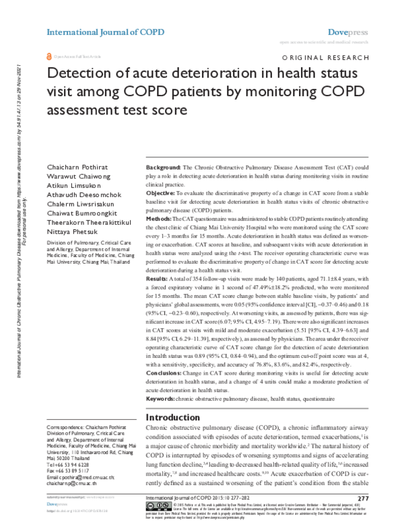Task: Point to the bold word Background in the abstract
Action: (165, 166)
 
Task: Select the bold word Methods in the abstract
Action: (160, 219)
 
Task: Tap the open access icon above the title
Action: (48, 58)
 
